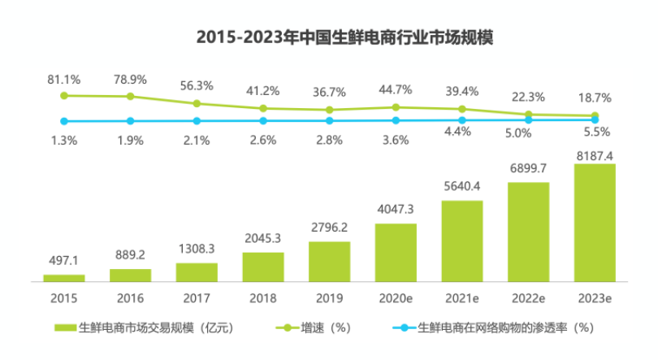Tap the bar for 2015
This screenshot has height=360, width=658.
coord(63,278)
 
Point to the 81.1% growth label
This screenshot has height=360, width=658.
coord(63,80)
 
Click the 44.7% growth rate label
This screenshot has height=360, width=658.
coord(396,89)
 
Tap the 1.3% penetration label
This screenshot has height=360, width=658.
coord(63,140)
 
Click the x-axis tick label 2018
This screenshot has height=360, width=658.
coord(262,298)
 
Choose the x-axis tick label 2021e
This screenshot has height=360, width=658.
coord(462,298)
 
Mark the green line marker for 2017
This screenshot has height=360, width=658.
coord(196,103)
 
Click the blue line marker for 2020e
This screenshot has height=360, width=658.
coord(396,120)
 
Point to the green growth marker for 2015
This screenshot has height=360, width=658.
coord(63,95)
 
